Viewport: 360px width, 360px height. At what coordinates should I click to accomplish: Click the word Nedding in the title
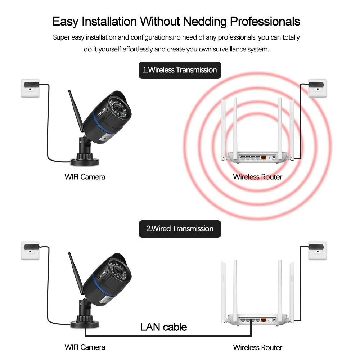(205, 21)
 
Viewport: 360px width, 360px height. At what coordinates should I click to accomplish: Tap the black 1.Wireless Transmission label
(180, 70)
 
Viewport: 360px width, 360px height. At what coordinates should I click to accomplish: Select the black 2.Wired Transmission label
(180, 229)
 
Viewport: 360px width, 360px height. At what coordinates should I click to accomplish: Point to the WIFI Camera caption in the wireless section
(85, 177)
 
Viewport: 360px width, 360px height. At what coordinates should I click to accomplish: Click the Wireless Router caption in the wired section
(257, 347)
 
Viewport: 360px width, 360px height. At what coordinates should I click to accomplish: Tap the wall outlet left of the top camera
(30, 88)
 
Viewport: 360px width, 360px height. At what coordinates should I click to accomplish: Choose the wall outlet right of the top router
(317, 88)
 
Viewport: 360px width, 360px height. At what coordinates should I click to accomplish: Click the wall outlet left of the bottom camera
(30, 250)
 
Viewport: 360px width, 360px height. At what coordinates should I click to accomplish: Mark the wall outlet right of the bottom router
(317, 250)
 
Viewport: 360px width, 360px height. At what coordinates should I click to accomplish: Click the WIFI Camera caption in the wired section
(85, 347)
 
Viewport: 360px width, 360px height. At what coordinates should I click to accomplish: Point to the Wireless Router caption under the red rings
(257, 177)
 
